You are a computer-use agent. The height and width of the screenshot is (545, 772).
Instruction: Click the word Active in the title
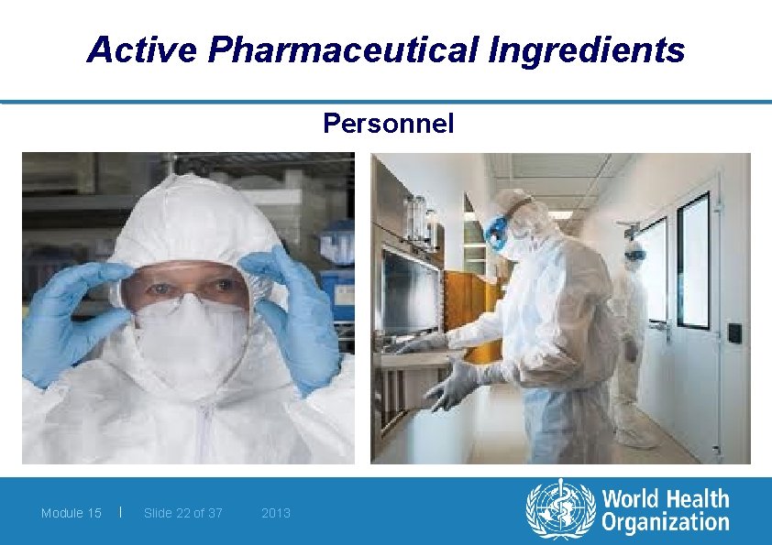tap(143, 49)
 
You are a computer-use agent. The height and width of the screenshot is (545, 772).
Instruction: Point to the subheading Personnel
tap(388, 124)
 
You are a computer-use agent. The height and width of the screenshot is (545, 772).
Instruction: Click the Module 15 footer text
tap(72, 513)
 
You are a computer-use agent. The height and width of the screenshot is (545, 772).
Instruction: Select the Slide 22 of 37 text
tap(183, 513)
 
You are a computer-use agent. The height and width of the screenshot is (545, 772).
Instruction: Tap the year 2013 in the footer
tap(276, 513)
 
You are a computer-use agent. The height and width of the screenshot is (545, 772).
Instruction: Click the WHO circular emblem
tap(559, 510)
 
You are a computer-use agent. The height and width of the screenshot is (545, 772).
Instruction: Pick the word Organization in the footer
tap(665, 523)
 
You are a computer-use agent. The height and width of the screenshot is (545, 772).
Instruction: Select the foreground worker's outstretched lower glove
tap(454, 385)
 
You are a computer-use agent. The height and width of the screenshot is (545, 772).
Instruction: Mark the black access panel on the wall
tap(733, 331)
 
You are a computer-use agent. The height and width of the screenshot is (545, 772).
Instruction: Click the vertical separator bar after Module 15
tap(121, 512)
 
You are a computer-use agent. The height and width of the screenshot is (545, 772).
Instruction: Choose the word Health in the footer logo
tap(697, 499)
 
